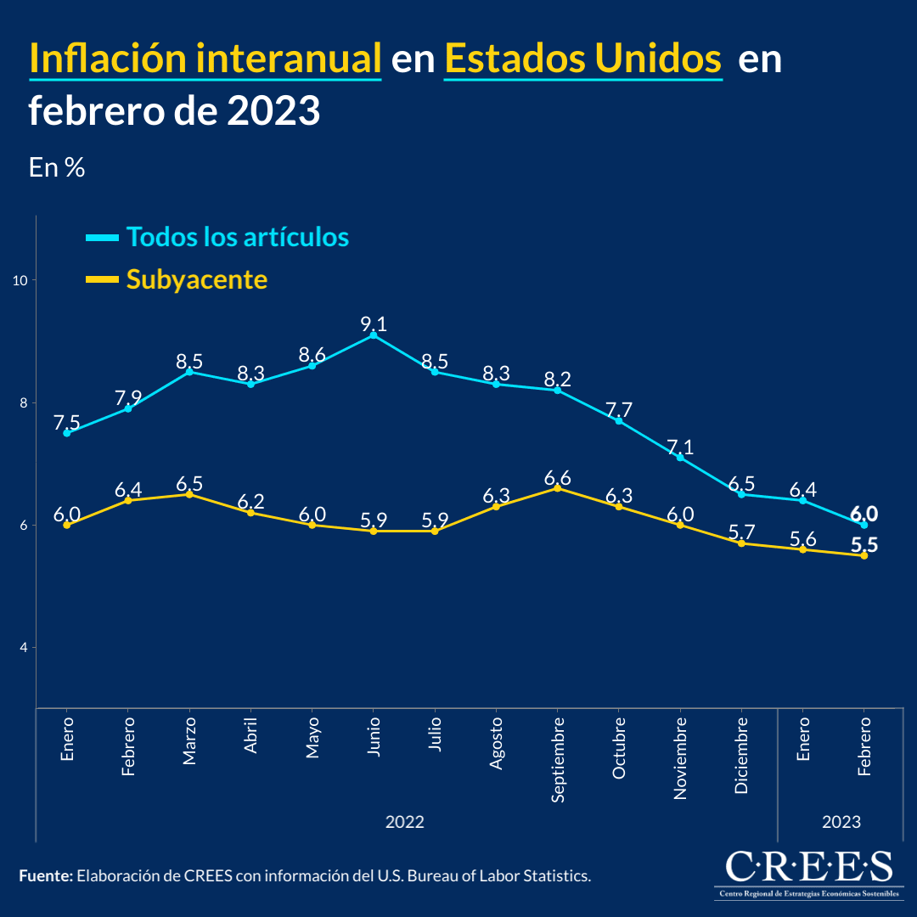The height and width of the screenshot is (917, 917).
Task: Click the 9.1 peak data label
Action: point(373,323)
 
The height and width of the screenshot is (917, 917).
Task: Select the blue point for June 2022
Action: point(373,335)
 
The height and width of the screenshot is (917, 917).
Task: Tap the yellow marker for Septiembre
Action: point(557,488)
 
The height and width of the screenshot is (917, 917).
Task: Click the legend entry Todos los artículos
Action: point(237,237)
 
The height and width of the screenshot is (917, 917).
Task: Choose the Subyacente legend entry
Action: point(196,279)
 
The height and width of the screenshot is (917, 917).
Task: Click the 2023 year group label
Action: point(841,822)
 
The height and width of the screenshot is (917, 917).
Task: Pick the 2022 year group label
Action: point(405,822)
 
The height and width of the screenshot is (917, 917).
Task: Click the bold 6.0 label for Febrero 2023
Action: point(864,514)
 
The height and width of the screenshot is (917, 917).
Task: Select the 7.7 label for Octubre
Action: point(618,409)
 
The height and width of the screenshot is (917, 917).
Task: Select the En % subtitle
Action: point(57,167)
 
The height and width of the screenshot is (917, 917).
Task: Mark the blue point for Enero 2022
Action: point(67,433)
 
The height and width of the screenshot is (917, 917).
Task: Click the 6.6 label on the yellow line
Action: point(557,476)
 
